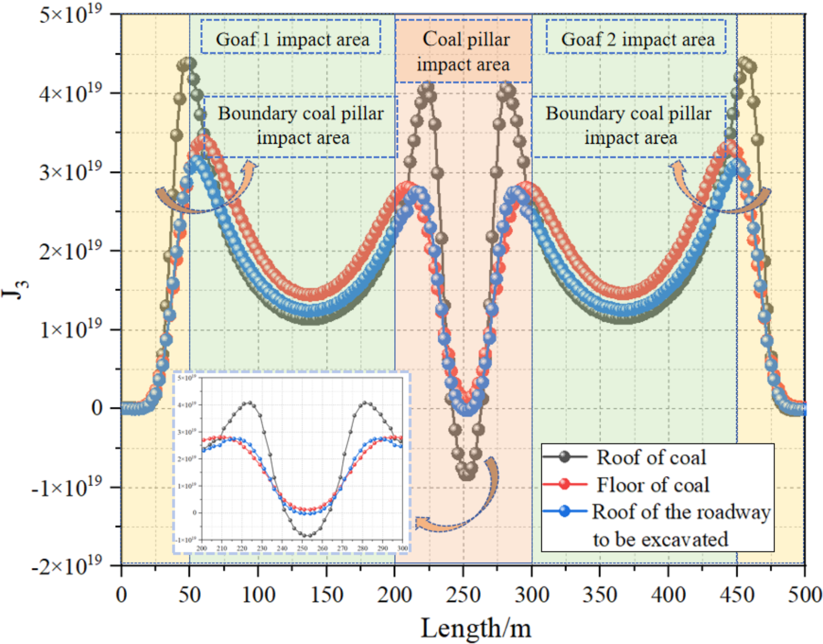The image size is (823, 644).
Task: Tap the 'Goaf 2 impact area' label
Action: [x=637, y=39]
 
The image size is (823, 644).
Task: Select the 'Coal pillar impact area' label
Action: [x=464, y=52]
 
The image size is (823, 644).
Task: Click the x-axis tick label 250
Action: [x=463, y=595]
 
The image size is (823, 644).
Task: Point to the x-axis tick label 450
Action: [x=737, y=595]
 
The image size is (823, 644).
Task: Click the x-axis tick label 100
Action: [x=258, y=595]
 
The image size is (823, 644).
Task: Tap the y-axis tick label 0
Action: [x=97, y=408]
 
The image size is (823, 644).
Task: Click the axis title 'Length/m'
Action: [x=476, y=628]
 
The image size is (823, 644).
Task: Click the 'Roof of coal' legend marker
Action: [x=565, y=457]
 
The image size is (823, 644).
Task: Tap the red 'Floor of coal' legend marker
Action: [x=565, y=484]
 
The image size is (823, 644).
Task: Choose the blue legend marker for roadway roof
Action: [x=565, y=511]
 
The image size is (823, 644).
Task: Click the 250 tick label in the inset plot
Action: [x=302, y=548]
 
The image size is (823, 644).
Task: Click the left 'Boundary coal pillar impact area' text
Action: [x=301, y=126]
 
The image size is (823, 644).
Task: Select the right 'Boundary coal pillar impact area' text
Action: [x=629, y=126]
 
